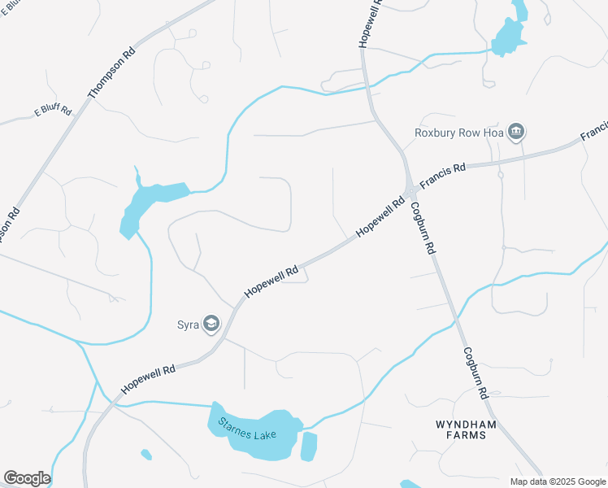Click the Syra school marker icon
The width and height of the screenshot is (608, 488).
(x=211, y=325)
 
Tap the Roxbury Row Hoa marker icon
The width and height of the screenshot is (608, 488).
(x=516, y=132)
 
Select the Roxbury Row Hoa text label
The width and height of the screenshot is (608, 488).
(x=459, y=133)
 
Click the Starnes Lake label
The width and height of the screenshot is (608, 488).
(x=247, y=429)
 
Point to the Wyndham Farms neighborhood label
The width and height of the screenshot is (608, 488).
(x=461, y=429)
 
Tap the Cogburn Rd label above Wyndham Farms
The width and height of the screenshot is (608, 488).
(x=476, y=373)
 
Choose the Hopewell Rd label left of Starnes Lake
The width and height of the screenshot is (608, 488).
(x=149, y=380)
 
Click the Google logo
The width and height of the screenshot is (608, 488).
(x=27, y=478)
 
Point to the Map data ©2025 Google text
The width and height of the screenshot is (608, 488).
(x=557, y=481)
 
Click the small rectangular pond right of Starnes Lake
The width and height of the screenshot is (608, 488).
(x=309, y=447)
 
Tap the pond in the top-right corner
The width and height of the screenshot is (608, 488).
(x=511, y=33)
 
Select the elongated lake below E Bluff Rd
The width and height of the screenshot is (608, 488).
(x=150, y=201)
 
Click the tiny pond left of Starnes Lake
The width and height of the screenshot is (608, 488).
(x=145, y=454)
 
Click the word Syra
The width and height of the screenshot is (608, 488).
(x=189, y=325)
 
